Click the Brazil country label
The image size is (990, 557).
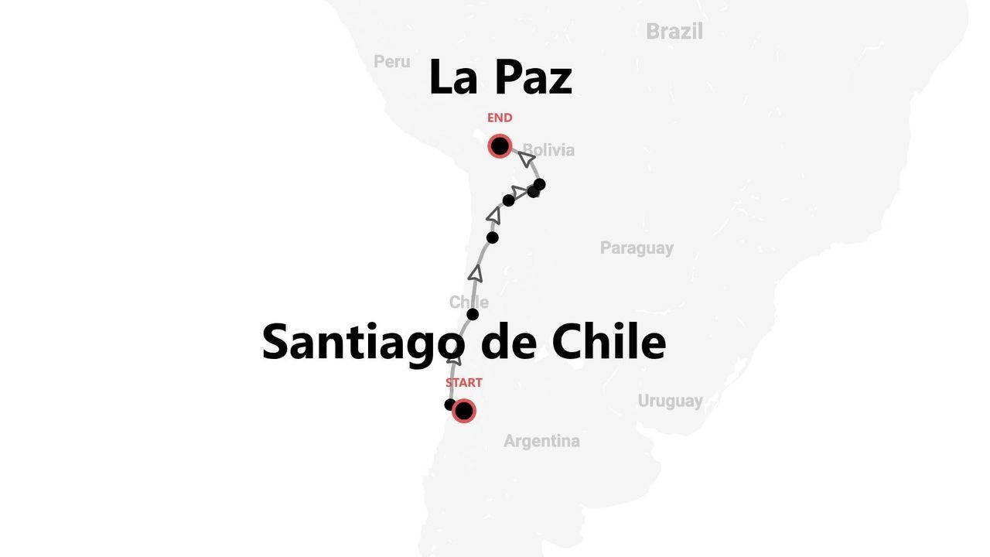[x=674, y=32]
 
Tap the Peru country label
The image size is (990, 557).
[x=391, y=61]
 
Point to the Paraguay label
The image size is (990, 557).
[x=637, y=248]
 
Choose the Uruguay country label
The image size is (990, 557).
[x=670, y=401]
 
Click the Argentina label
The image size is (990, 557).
[x=541, y=441]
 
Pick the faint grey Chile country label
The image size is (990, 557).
[x=469, y=302]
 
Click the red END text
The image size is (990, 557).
[x=500, y=118]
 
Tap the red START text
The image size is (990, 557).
[x=463, y=382]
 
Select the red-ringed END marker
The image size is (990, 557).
[x=500, y=145]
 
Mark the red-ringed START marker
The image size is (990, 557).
[x=463, y=411]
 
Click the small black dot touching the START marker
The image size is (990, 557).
[x=449, y=405]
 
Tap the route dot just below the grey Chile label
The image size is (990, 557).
[x=473, y=314]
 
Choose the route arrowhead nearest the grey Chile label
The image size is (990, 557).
[x=476, y=273]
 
